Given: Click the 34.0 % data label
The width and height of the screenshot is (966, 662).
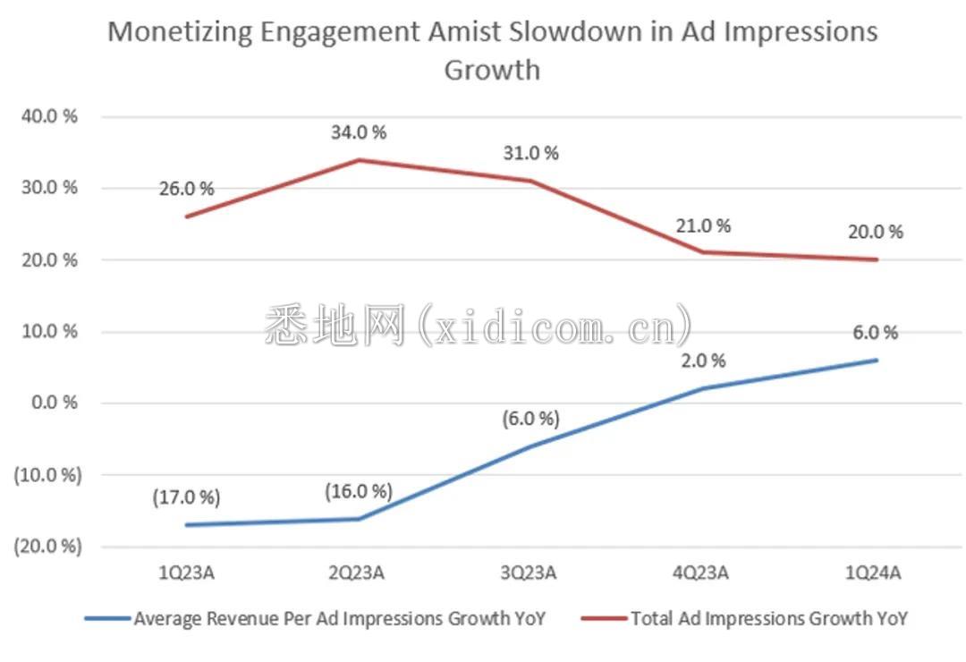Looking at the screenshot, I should [x=360, y=132].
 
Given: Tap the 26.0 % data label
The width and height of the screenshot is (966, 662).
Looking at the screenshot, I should [x=187, y=189].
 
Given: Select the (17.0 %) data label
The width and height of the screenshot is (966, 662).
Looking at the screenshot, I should [x=187, y=497].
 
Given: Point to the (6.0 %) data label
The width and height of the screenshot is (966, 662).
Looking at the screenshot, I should [x=531, y=419].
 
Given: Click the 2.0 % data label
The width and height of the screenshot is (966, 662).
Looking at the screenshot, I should [x=703, y=361].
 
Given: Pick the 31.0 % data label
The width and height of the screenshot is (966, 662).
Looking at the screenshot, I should [x=531, y=153].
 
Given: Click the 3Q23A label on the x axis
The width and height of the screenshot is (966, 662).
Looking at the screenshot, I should [x=530, y=573].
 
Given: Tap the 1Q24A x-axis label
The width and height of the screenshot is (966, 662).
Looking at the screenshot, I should [x=876, y=573].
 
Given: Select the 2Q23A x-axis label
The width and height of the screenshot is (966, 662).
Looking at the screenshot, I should [x=359, y=573].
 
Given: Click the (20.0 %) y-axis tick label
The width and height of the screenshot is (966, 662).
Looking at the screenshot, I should [x=46, y=546].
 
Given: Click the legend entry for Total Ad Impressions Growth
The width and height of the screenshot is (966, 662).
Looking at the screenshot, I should [x=769, y=618].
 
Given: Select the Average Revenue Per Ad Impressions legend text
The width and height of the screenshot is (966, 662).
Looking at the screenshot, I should [x=339, y=618].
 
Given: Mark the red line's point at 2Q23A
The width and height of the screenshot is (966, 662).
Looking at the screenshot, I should [x=360, y=160].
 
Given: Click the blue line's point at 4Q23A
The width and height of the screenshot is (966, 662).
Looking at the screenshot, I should [x=703, y=388].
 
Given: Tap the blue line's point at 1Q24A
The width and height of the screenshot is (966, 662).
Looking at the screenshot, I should [x=876, y=361].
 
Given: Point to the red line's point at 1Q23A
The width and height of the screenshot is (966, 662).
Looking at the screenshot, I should [x=187, y=216].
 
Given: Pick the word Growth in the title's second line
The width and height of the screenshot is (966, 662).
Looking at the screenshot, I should [x=492, y=70].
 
